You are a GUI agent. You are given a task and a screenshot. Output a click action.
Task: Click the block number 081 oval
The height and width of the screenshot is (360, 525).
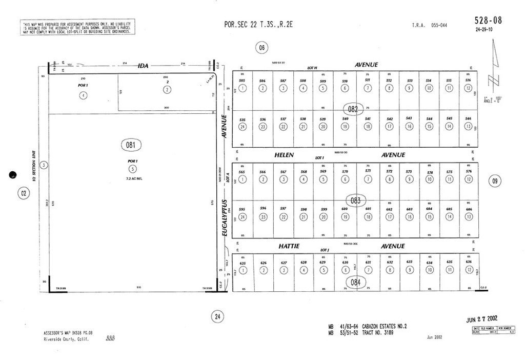pyautogui.click(x=131, y=145)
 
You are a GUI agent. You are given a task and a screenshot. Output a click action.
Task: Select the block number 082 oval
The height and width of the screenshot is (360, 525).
pyautogui.click(x=353, y=109)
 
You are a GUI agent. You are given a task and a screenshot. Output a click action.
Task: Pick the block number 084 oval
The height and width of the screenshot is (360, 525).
pyautogui.click(x=356, y=282)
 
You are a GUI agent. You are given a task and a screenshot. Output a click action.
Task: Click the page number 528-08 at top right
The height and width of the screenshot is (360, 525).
pyautogui.click(x=488, y=21)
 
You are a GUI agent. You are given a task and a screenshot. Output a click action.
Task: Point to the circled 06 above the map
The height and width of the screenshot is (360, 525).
pyautogui.click(x=261, y=48)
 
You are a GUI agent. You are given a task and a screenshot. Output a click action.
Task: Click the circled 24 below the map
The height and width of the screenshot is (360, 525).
pyautogui.click(x=217, y=317)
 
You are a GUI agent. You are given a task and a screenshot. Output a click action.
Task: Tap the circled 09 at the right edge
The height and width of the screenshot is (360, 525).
pyautogui.click(x=495, y=181)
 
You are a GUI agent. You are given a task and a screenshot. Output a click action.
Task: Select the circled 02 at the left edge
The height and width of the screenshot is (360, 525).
pyautogui.click(x=24, y=193)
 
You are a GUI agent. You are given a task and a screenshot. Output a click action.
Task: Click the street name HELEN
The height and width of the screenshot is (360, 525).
pyautogui.click(x=283, y=155)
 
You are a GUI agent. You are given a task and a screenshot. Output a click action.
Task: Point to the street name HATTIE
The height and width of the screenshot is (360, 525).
pyautogui.click(x=289, y=246)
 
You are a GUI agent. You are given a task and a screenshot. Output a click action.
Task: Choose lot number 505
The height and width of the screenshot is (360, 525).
pyautogui.click(x=242, y=81)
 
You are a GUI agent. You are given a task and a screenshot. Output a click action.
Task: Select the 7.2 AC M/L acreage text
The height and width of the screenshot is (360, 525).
pyautogui.click(x=133, y=178)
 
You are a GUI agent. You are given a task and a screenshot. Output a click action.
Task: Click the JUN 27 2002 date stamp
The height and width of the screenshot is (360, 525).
pyautogui.click(x=484, y=319)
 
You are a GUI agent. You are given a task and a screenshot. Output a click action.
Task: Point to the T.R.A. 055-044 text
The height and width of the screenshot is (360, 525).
pyautogui.click(x=430, y=25)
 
